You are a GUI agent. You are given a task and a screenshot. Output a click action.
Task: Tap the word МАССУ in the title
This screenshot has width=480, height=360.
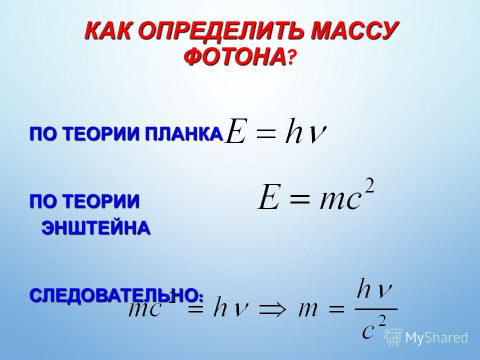point(354,30)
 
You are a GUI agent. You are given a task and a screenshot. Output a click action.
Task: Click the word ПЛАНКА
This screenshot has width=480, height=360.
point(184,134)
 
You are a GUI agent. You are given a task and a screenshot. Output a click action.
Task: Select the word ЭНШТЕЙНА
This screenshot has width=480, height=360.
point(96,228)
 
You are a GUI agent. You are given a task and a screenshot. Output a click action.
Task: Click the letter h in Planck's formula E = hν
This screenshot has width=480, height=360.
point(294,130)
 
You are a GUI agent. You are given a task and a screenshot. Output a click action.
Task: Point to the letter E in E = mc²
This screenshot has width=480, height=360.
point(269,196)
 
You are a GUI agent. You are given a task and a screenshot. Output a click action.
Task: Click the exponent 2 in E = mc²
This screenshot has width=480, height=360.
point(369,185)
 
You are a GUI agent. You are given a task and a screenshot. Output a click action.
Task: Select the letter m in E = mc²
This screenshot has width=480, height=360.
point(331,201)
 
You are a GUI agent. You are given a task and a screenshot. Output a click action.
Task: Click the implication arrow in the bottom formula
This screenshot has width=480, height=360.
point(272,309)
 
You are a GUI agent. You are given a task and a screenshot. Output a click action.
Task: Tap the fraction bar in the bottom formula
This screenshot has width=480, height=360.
point(376,309)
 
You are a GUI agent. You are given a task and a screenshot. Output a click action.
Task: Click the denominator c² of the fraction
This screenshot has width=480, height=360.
point(374,327)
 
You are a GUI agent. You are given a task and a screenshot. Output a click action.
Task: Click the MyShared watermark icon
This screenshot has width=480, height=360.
point(393,337)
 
